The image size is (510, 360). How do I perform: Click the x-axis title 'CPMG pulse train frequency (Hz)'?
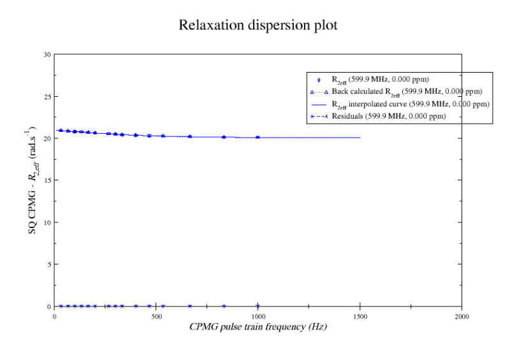click(258, 326)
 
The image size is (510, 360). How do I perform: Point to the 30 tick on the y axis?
click(47, 55)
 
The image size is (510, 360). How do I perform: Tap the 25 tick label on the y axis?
click(47, 97)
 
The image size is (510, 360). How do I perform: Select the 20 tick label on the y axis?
click(47, 139)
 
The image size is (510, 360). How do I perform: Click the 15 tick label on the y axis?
click(47, 180)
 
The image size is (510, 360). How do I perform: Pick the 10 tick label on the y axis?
click(47, 222)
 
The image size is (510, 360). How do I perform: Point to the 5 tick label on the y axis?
click(48, 264)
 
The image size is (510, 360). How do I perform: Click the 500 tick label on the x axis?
click(156, 316)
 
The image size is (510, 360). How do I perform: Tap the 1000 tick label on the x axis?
click(258, 316)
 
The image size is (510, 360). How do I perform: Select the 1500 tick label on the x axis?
click(360, 316)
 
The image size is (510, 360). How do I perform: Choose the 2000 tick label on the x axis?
click(462, 316)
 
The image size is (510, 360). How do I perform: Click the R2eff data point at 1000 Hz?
click(258, 137)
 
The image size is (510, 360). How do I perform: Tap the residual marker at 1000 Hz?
click(258, 306)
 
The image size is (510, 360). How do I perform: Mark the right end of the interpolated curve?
click(360, 137)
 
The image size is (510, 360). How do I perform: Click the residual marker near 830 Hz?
click(223, 306)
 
